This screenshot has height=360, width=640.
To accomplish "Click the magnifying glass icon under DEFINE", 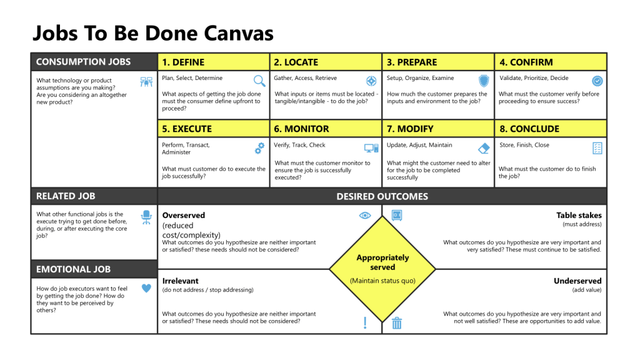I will pyautogui.click(x=259, y=81).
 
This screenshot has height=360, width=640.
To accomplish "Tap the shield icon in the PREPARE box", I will pyautogui.click(x=484, y=81).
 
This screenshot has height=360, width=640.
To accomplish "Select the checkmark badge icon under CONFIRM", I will pyautogui.click(x=597, y=81).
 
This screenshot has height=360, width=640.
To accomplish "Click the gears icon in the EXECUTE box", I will pyautogui.click(x=259, y=148).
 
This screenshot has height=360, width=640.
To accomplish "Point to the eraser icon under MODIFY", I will pyautogui.click(x=484, y=148).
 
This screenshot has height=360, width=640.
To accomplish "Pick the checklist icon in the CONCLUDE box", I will pyautogui.click(x=597, y=148).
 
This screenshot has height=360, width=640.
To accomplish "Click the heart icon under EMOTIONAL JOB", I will pyautogui.click(x=146, y=288).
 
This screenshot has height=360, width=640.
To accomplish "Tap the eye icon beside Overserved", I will pyautogui.click(x=365, y=216).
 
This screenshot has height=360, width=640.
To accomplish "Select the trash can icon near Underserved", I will pyautogui.click(x=397, y=322).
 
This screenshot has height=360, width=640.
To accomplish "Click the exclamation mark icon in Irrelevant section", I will pyautogui.click(x=365, y=322).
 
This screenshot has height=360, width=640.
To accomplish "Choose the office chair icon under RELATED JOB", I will pyautogui.click(x=146, y=217).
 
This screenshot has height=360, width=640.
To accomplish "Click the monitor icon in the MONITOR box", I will pyautogui.click(x=371, y=148).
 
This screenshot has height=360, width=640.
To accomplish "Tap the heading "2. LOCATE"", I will pyautogui.click(x=296, y=62).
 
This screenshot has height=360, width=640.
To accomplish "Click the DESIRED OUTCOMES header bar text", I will pyautogui.click(x=382, y=196).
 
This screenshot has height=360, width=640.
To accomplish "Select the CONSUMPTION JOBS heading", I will pyautogui.click(x=83, y=62).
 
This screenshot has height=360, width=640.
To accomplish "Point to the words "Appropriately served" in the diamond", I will pyautogui.click(x=382, y=262).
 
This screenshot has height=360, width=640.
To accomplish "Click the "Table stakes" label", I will pyautogui.click(x=579, y=216).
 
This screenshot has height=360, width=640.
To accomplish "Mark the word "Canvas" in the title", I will pyautogui.click(x=235, y=32).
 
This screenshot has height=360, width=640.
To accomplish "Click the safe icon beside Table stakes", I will pyautogui.click(x=397, y=216).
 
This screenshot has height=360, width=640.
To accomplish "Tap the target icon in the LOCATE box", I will pyautogui.click(x=371, y=81).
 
